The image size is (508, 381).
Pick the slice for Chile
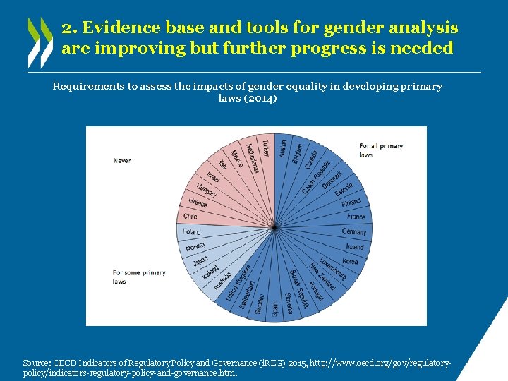[x=191, y=217]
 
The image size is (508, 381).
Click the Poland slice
[x=192, y=231]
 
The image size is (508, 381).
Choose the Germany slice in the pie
[x=353, y=231]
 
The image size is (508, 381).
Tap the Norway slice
[x=196, y=247]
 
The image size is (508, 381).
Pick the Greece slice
[x=198, y=202]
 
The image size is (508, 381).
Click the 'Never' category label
[x=122, y=161]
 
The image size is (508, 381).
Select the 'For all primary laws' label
[x=381, y=150]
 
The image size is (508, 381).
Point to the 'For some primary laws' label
[x=139, y=277]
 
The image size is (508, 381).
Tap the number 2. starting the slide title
[x=68, y=28]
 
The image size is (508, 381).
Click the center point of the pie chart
[x=273, y=226]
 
